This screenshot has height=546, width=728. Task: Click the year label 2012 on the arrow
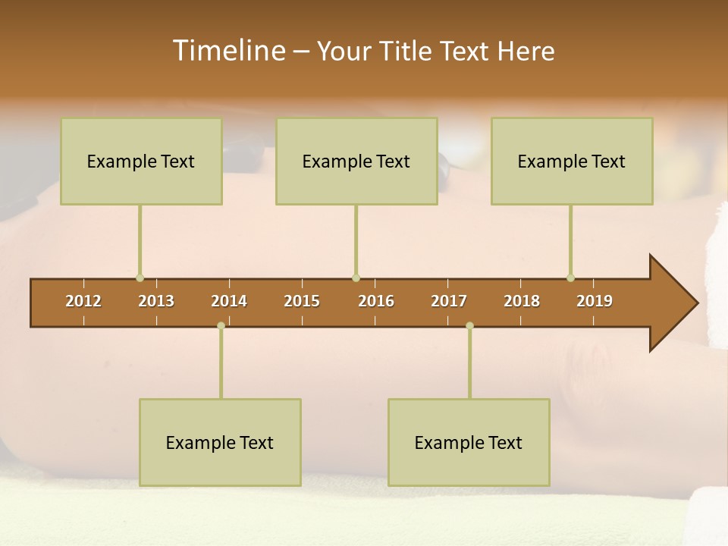(x=83, y=301)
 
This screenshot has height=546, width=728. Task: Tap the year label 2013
(x=156, y=301)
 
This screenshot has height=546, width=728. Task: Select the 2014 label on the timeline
(x=229, y=301)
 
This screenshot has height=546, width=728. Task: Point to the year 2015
(x=302, y=301)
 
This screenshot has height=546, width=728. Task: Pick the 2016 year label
(x=376, y=301)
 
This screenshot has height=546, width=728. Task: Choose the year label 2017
(x=449, y=301)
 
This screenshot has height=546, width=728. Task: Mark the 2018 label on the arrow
(x=522, y=301)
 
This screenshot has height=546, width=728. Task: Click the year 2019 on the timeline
(x=595, y=301)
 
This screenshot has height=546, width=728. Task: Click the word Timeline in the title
(x=227, y=51)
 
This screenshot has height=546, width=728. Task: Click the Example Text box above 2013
(x=141, y=161)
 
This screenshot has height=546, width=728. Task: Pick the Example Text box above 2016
(x=356, y=161)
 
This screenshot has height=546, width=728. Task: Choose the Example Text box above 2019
(x=572, y=161)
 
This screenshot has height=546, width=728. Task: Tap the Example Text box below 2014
(x=220, y=442)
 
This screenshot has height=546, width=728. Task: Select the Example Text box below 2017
(x=469, y=442)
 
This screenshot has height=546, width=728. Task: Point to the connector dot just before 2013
(x=140, y=278)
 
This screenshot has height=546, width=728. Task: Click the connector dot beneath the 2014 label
(x=221, y=326)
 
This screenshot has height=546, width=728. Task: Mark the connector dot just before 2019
(x=570, y=278)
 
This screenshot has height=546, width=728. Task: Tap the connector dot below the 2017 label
(x=469, y=326)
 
